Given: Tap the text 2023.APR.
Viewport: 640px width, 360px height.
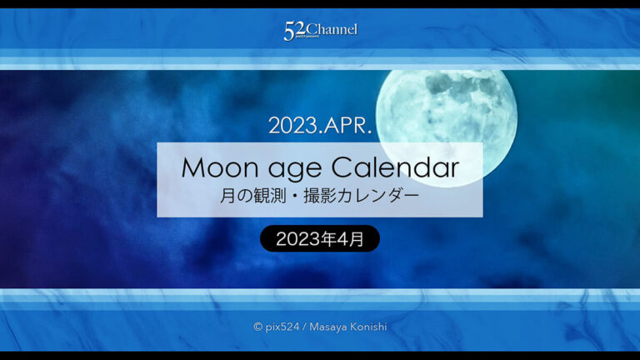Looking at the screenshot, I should [x=320, y=126].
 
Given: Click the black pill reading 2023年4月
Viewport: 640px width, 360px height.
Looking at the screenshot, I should [x=320, y=239].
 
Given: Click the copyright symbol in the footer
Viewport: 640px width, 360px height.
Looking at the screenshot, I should [x=258, y=327].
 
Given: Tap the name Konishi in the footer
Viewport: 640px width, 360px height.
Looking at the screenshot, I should [x=368, y=327].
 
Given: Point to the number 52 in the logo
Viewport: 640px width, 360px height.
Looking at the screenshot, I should [x=292, y=32].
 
